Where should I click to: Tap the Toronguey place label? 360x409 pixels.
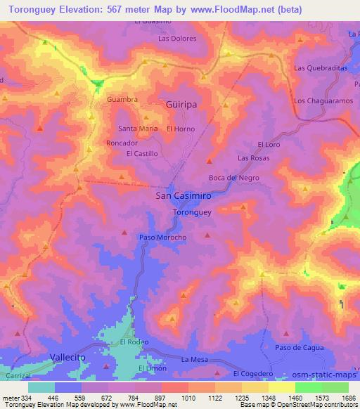click(x=192, y=212)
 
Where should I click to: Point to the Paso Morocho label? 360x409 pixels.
click(x=162, y=238)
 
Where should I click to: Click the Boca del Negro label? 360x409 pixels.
click(x=234, y=178)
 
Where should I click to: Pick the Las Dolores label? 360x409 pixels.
click(x=177, y=39)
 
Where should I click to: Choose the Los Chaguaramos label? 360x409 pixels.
click(x=322, y=101)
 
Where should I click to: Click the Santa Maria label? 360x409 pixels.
click(x=138, y=129)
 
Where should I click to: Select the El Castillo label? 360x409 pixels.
click(x=141, y=153)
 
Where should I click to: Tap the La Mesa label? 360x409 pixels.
click(x=193, y=360)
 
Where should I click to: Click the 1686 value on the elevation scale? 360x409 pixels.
click(x=347, y=398)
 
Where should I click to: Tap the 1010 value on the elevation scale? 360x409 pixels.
click(x=189, y=398)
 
